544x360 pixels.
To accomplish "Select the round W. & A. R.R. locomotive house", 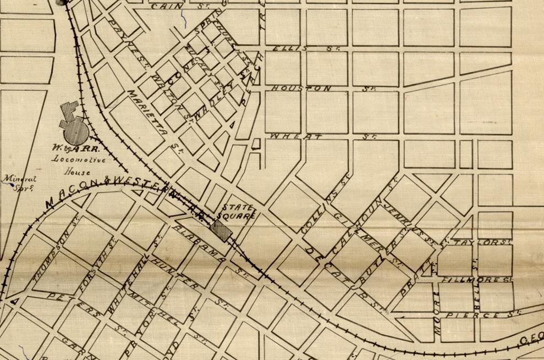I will point(74,131).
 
